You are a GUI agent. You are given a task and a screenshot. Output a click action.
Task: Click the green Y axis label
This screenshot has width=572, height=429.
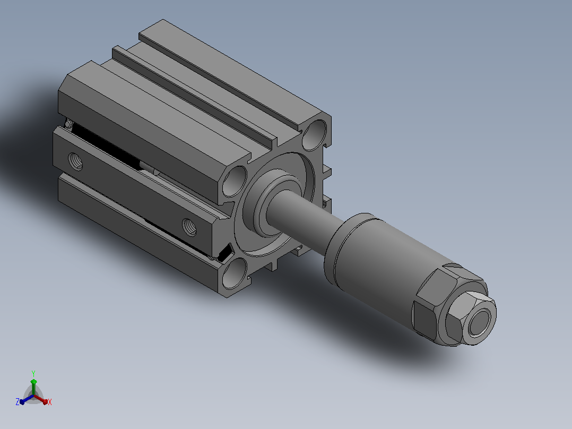pyautogui.click(x=33, y=373)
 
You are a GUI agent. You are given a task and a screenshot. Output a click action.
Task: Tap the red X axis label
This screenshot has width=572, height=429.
pyautogui.click(x=50, y=402)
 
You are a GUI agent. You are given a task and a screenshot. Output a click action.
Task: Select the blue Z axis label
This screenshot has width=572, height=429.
pyautogui.click(x=18, y=401)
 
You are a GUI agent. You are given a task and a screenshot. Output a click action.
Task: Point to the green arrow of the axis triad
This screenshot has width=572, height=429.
pyautogui.click(x=33, y=387)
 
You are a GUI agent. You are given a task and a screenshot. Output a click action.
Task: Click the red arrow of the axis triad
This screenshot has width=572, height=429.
pyautogui.click(x=41, y=399)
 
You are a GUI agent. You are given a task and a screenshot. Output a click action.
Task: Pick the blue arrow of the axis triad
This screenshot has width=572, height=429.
pyautogui.click(x=27, y=399)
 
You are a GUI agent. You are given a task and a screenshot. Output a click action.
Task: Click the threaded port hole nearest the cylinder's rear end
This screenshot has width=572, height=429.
pyautogui.click(x=75, y=161)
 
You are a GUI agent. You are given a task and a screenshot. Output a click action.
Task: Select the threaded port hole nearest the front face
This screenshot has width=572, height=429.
pyautogui.click(x=189, y=227)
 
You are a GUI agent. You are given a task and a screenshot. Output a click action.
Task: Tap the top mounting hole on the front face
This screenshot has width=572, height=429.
pyautogui.click(x=315, y=135)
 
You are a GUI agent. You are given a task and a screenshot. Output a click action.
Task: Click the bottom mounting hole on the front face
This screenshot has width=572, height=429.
pyautogui.click(x=234, y=273)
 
